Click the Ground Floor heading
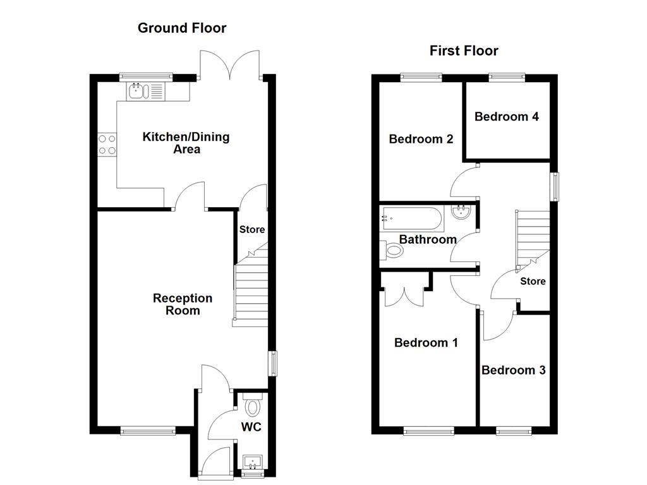click(182, 28)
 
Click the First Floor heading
click(464, 51)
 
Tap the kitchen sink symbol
click(136, 92)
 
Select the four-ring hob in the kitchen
click(107, 145)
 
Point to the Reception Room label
click(183, 304)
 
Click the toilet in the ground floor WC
click(253, 405)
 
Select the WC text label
click(251, 427)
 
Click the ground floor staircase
click(251, 294)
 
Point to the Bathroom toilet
click(392, 251)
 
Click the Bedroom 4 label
click(506, 117)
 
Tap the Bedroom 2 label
click(421, 139)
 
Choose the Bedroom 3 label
click(513, 370)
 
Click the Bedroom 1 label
click(426, 342)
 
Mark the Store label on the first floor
click(533, 281)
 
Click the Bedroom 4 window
click(507, 78)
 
